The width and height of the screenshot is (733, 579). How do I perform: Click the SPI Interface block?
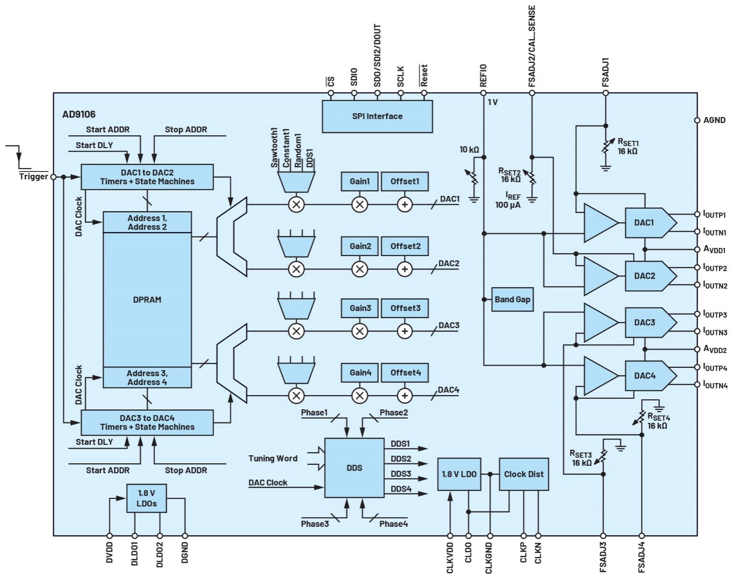tap(377, 116)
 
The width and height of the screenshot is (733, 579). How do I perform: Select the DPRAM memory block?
tap(147, 300)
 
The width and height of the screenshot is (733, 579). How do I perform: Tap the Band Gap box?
tap(512, 300)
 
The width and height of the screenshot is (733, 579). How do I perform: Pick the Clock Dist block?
tap(524, 474)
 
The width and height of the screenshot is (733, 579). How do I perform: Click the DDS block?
tap(354, 468)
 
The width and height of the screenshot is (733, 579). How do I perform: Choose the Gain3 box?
tap(360, 308)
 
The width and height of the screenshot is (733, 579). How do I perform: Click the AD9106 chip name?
tap(79, 114)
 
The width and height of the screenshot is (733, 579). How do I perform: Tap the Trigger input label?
tap(33, 177)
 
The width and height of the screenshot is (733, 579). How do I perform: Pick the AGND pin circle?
tap(697, 120)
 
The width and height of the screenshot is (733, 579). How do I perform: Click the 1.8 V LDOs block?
tap(147, 498)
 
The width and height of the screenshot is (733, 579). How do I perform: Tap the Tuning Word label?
tap(273, 459)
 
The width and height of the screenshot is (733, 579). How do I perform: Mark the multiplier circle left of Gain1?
tap(296, 204)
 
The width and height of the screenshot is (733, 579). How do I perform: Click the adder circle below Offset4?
tap(405, 396)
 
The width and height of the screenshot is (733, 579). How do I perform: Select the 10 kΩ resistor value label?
tap(469, 150)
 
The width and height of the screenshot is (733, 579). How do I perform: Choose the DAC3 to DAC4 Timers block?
tap(147, 422)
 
